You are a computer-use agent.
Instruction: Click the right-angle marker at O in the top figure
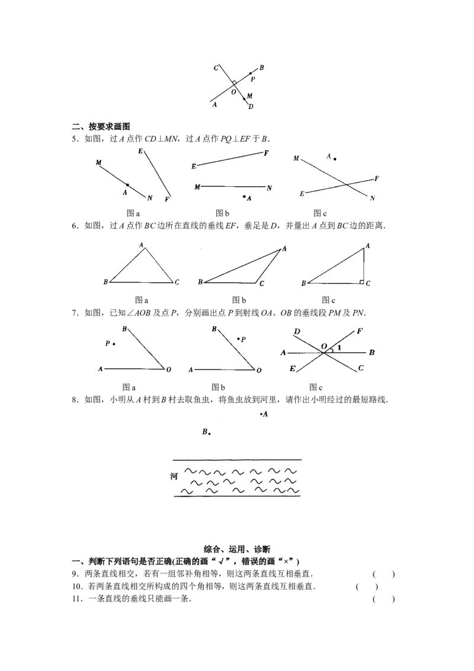click(x=234, y=82)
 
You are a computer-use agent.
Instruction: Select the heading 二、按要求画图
click(x=101, y=126)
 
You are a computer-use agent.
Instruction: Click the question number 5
click(x=75, y=139)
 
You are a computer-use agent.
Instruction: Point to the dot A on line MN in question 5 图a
click(x=127, y=185)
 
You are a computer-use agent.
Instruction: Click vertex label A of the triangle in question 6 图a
click(x=141, y=245)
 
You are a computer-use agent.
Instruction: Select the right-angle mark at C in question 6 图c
click(x=361, y=282)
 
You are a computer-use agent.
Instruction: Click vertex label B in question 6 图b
click(x=200, y=282)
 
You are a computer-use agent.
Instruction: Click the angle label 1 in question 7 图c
click(x=340, y=347)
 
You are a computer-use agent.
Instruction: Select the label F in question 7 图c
click(x=359, y=331)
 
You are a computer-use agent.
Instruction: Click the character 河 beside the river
click(x=174, y=477)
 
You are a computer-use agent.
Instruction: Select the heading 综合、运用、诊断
click(x=236, y=549)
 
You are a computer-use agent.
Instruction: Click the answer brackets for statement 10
click(x=367, y=587)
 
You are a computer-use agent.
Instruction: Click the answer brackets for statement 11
click(x=384, y=599)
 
